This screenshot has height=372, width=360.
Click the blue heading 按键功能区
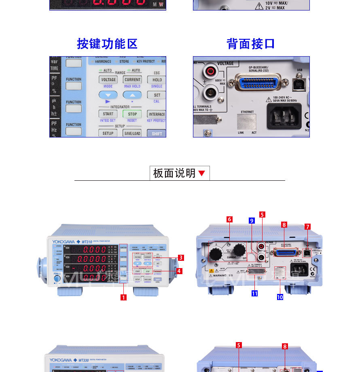[x=107, y=44]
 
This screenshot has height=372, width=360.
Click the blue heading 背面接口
[x=251, y=44]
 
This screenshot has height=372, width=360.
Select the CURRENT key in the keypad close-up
[x=132, y=80]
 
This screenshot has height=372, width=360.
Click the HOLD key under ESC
[x=157, y=80]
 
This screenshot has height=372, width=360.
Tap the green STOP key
[x=132, y=114]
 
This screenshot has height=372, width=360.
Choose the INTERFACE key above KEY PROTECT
[x=157, y=114]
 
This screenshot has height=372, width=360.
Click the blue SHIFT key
[x=157, y=133]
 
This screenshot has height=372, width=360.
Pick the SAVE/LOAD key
[x=132, y=133]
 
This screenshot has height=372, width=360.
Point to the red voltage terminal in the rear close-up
[x=210, y=72]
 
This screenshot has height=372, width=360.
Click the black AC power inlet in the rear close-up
[x=284, y=116]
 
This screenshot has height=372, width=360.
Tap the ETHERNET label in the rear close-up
[x=247, y=112]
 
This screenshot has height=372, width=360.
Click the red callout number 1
[x=124, y=298]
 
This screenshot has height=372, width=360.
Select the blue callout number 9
[x=252, y=221]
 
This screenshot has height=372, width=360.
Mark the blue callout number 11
[x=254, y=294]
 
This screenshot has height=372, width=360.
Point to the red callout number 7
[x=308, y=227]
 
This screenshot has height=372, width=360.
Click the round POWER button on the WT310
[x=57, y=279]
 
